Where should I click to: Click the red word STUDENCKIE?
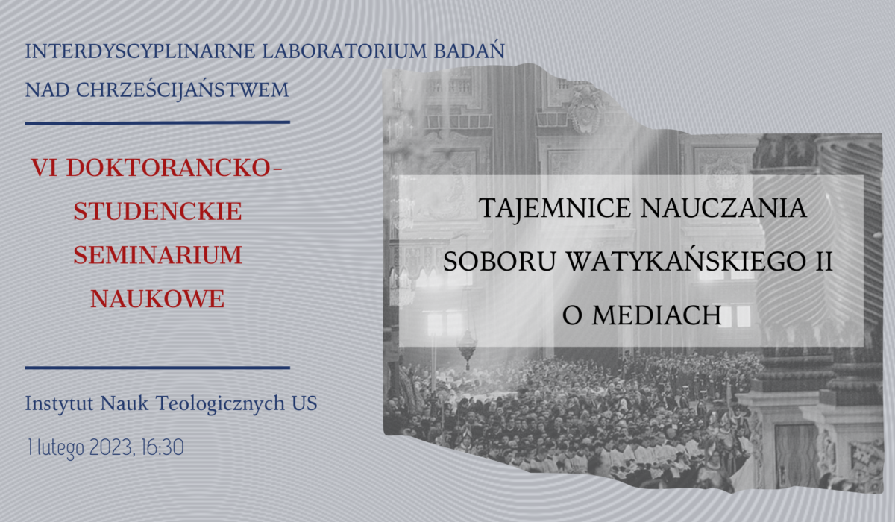[x=157, y=211]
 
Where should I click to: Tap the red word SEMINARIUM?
[x=157, y=255]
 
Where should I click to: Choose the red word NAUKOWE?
[x=157, y=298]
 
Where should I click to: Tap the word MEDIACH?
[x=658, y=315]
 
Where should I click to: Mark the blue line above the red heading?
[x=157, y=122]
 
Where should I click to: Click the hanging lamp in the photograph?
[x=467, y=345]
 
